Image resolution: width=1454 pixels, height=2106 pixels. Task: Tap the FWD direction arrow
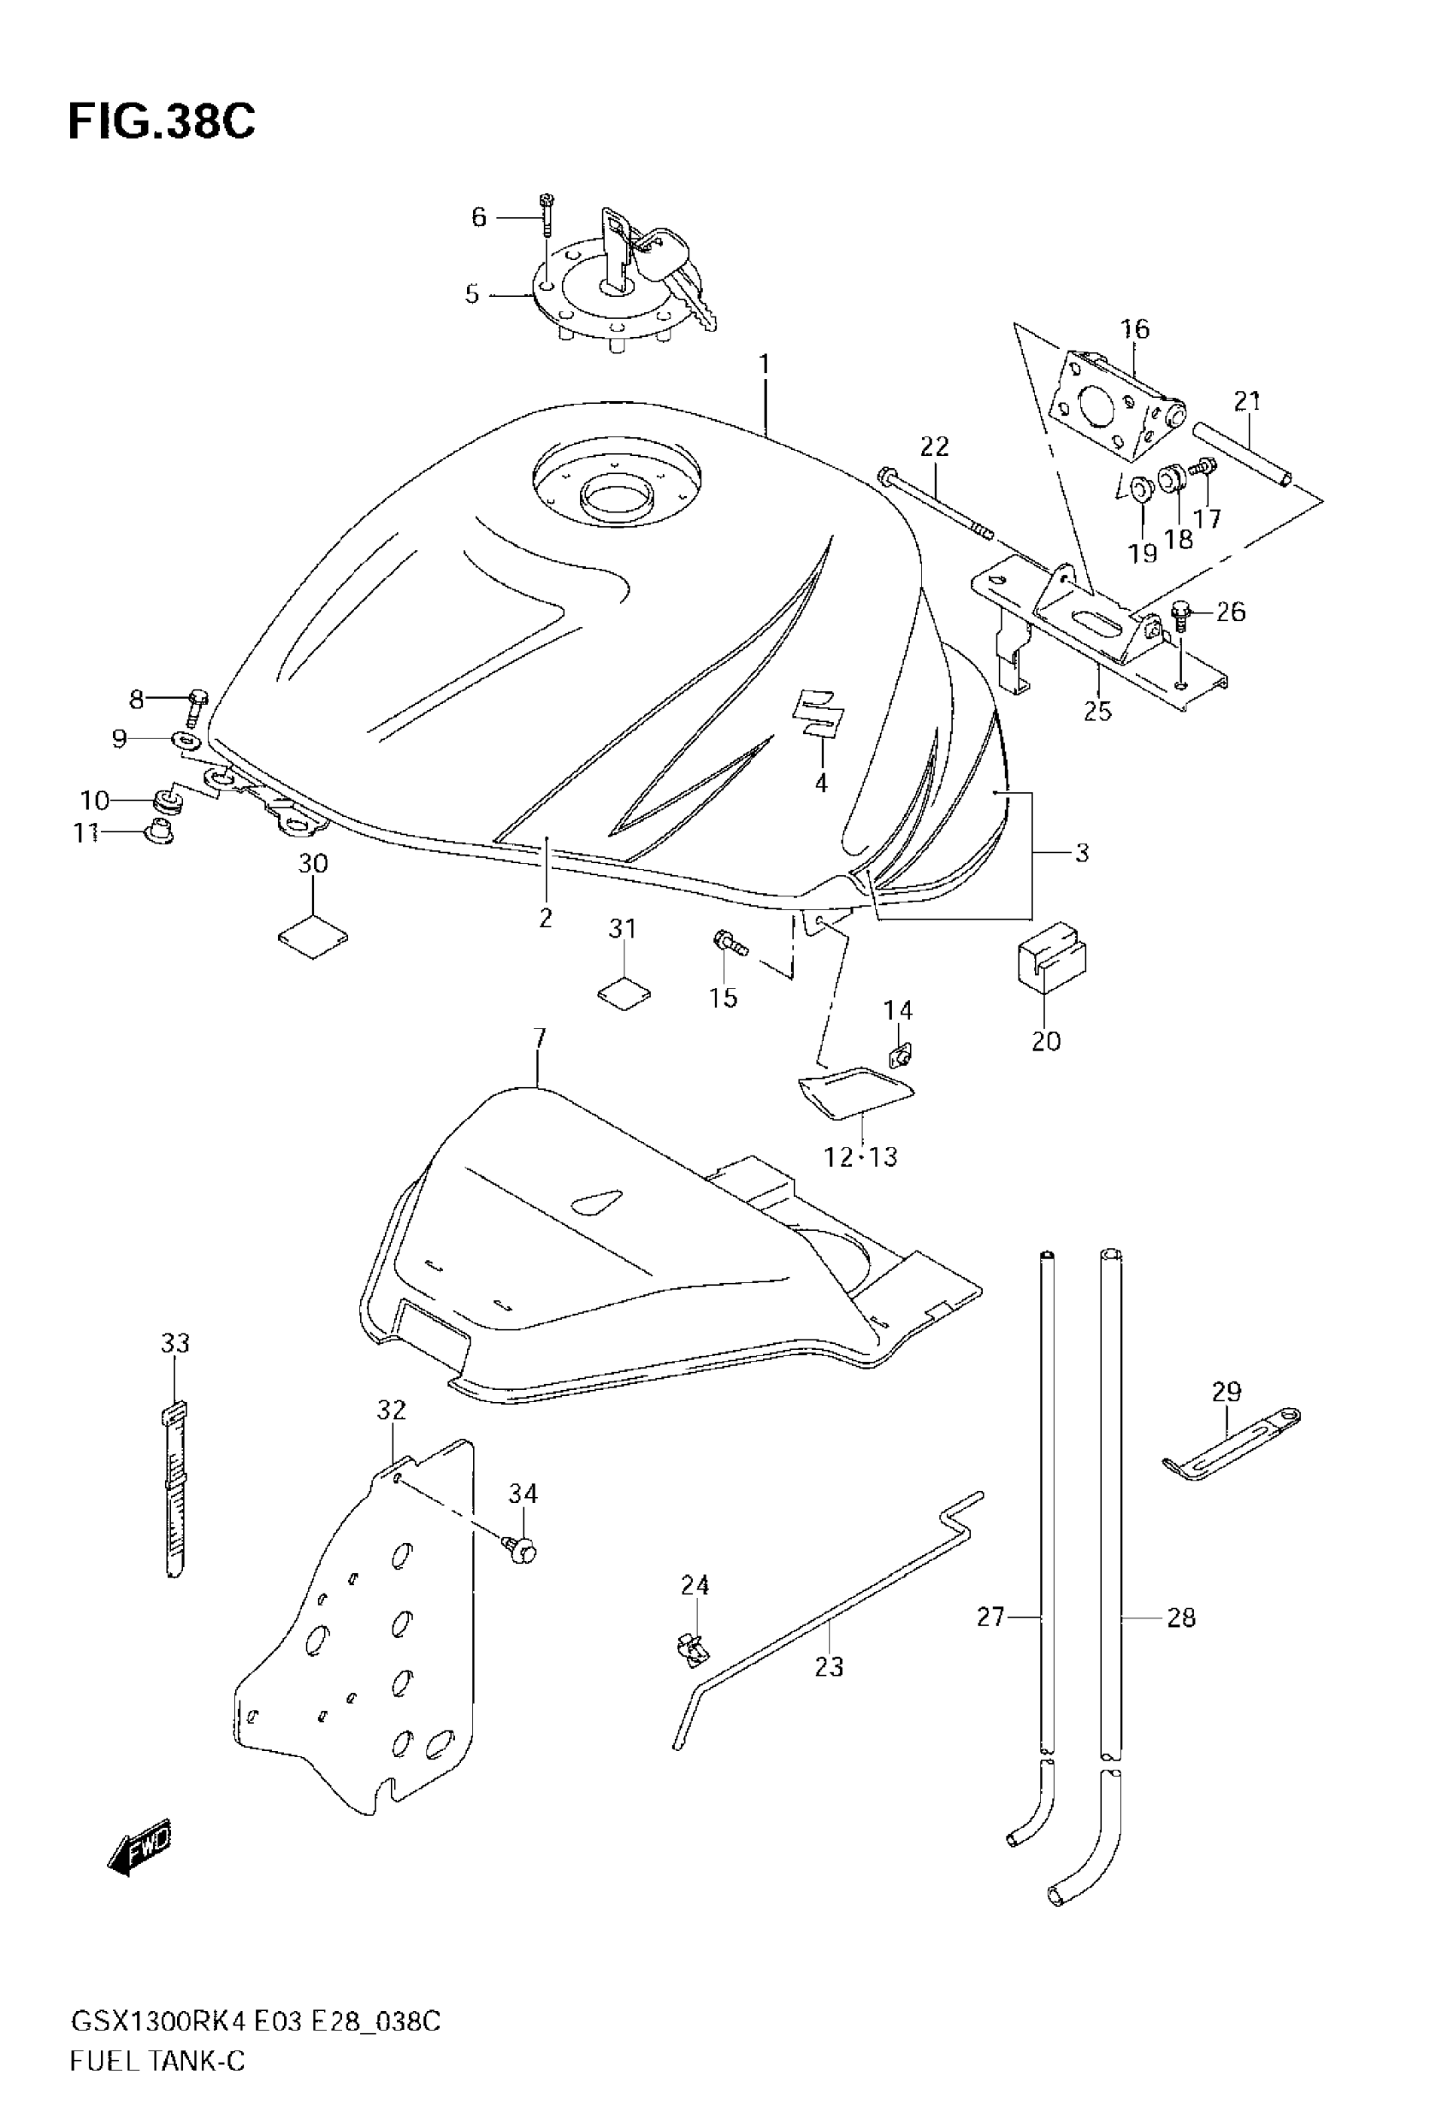click(x=138, y=1845)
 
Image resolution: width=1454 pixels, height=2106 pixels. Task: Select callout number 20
click(x=1046, y=1040)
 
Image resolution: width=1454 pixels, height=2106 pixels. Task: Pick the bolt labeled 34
click(x=521, y=1549)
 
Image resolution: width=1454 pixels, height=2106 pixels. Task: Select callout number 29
click(x=1226, y=1391)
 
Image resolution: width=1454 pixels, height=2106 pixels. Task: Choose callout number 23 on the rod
click(x=829, y=1667)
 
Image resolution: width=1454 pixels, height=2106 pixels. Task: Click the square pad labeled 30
click(x=312, y=937)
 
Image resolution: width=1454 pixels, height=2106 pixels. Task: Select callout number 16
click(x=1135, y=328)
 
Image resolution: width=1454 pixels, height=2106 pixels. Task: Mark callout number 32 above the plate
click(x=391, y=1410)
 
